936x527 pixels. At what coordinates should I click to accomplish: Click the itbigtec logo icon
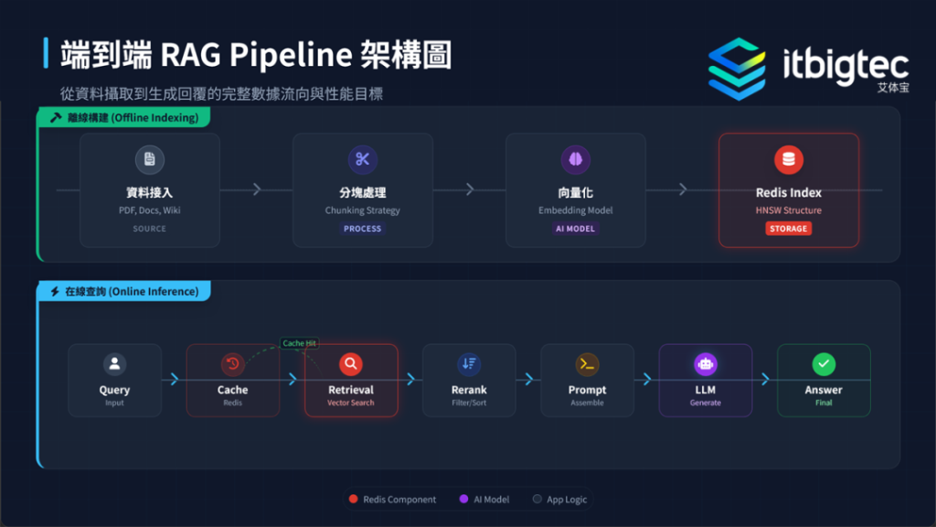point(737,69)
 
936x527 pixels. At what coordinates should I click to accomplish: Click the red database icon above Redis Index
point(788,159)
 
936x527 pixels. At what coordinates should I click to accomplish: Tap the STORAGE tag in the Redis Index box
point(788,229)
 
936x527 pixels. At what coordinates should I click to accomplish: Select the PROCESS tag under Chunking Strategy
point(362,229)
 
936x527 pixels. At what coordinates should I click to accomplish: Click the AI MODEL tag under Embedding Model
point(575,229)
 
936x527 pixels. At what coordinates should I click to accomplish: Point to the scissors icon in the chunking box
point(362,159)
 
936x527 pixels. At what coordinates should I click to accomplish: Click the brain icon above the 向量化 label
point(575,159)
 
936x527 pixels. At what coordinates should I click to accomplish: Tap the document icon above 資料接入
point(149,159)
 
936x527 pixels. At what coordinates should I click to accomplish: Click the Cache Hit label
point(300,343)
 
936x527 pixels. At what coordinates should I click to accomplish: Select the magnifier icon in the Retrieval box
point(351,364)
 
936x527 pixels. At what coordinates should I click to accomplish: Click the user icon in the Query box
point(114,364)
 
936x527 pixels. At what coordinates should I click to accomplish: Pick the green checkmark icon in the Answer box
point(824,364)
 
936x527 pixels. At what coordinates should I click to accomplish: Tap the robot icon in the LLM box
point(705,364)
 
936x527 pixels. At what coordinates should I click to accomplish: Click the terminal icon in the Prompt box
point(587,364)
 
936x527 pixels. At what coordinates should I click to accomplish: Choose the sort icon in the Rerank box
point(469,364)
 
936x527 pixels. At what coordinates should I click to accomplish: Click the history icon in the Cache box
point(232,364)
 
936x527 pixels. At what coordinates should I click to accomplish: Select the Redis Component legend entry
point(392,500)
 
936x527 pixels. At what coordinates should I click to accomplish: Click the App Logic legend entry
point(560,500)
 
